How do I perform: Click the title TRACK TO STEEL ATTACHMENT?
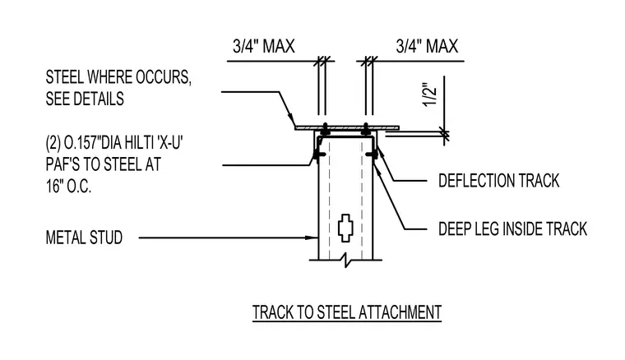point(347,312)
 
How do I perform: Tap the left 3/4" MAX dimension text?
point(263,47)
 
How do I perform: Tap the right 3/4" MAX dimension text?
point(427,47)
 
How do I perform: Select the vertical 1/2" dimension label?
point(430,95)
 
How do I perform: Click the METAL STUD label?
point(84,238)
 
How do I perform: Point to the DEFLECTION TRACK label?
point(498,181)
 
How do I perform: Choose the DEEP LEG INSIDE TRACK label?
point(512,229)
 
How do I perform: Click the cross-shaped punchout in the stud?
point(345,228)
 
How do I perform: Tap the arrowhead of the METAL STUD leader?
point(312,238)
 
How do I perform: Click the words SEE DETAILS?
point(85,99)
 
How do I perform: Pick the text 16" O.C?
point(68,187)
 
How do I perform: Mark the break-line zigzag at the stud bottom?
point(345,261)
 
